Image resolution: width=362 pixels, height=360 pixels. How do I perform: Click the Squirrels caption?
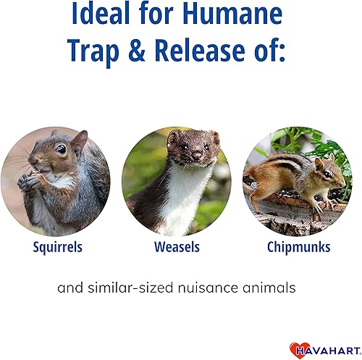[x=58, y=247]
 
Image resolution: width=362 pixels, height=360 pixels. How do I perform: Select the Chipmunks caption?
[x=298, y=247]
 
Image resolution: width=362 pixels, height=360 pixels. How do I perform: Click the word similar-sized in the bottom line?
[x=138, y=288]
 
